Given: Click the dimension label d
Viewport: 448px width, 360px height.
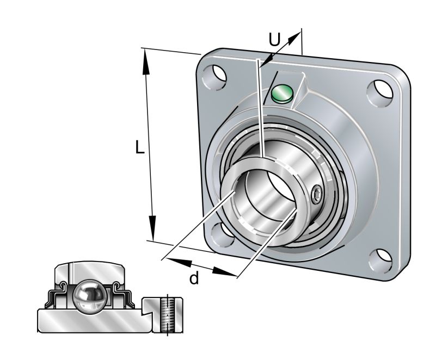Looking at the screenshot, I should (x=194, y=278).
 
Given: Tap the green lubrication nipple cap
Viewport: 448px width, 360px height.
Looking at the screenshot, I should (x=281, y=94).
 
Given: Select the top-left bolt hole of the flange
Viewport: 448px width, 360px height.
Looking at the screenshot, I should (x=214, y=77).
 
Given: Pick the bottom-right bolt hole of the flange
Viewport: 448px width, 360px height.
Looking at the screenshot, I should (x=383, y=256).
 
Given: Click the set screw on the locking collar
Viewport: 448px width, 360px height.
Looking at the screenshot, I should (x=317, y=194).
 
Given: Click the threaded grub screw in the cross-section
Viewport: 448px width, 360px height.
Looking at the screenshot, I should (x=168, y=314).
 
